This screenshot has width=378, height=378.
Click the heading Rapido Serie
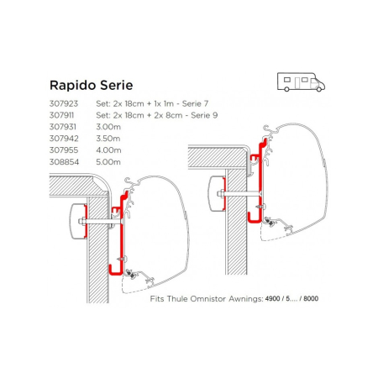[91, 85]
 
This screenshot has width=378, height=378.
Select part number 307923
[64, 103]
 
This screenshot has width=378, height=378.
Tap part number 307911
[61, 115]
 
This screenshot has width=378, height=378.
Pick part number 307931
[63, 127]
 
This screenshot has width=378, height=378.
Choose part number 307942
[64, 139]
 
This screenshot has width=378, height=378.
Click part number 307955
[64, 150]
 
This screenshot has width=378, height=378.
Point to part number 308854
[64, 162]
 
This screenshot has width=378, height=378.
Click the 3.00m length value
[108, 127]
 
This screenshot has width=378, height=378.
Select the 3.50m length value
[108, 139]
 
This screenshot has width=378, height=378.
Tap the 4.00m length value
[108, 150]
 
